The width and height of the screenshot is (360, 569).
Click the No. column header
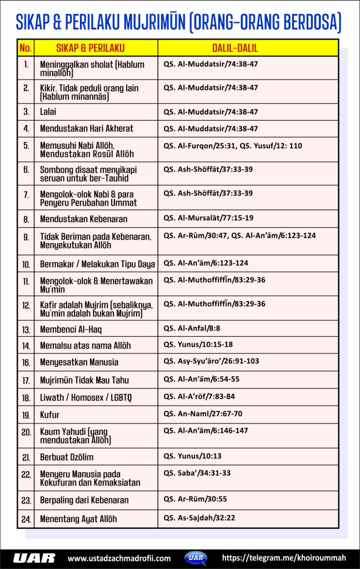[x=26, y=48]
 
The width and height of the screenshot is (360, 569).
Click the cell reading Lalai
[x=48, y=111]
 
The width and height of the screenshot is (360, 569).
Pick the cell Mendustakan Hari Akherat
[x=87, y=128]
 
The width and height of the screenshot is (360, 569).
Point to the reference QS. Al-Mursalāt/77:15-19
[x=208, y=219]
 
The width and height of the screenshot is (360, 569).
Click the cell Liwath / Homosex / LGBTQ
[x=86, y=397]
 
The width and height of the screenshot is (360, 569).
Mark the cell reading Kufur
[x=49, y=415]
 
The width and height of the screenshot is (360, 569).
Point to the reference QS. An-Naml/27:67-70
[x=203, y=413]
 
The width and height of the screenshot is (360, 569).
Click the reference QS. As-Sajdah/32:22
[x=199, y=518]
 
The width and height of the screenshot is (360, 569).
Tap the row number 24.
[x=26, y=520]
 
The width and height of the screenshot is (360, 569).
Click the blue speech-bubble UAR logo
[x=197, y=557]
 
